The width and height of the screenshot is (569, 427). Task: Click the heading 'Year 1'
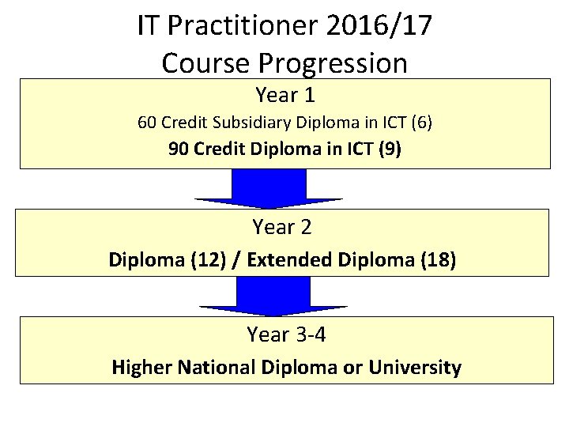[x=285, y=96]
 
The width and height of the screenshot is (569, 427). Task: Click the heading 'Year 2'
[x=282, y=228]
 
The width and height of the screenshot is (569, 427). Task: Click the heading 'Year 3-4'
[x=286, y=334]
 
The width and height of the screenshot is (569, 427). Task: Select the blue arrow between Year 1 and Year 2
[x=269, y=190]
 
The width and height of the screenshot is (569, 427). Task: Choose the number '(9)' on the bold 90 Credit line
[x=390, y=149]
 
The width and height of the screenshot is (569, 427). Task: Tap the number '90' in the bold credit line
[x=179, y=149]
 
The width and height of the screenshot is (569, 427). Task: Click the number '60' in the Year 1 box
[x=147, y=123]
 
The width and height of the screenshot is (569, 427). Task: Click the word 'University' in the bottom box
[x=418, y=367]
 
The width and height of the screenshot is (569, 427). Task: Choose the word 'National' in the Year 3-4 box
[x=213, y=367]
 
